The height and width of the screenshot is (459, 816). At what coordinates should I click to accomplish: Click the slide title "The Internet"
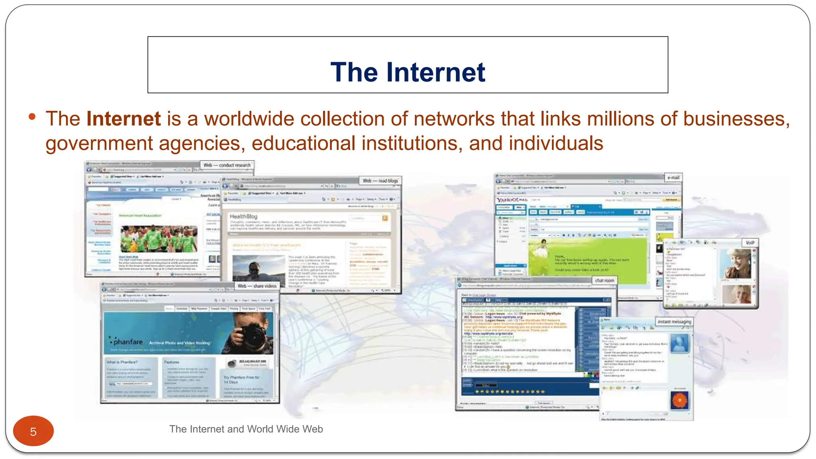point(408,72)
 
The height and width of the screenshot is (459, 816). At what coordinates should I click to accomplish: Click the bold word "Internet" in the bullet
point(124,119)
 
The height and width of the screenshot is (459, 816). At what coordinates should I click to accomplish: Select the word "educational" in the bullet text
point(303,143)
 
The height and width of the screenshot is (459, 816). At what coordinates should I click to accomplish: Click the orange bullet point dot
point(32,117)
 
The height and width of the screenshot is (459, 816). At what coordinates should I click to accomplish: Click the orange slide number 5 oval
point(33,431)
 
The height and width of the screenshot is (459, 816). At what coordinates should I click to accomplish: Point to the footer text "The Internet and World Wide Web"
point(246,429)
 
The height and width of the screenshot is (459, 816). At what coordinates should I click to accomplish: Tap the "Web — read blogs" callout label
point(380,181)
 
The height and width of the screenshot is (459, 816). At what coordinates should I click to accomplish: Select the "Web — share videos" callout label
point(257,286)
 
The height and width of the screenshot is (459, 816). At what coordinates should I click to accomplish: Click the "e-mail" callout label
point(673,177)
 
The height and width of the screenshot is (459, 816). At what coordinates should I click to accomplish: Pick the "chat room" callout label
point(604,280)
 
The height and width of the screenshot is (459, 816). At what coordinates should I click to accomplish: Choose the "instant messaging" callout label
point(674,322)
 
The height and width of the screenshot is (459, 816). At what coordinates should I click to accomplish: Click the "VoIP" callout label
point(750,243)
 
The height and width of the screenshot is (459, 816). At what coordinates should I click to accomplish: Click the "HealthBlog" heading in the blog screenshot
point(243,216)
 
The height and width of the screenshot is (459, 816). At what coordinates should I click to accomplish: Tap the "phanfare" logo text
point(128,342)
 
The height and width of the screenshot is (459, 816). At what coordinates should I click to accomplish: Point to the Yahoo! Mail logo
point(512,199)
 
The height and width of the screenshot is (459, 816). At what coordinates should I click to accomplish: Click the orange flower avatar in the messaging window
point(679,400)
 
